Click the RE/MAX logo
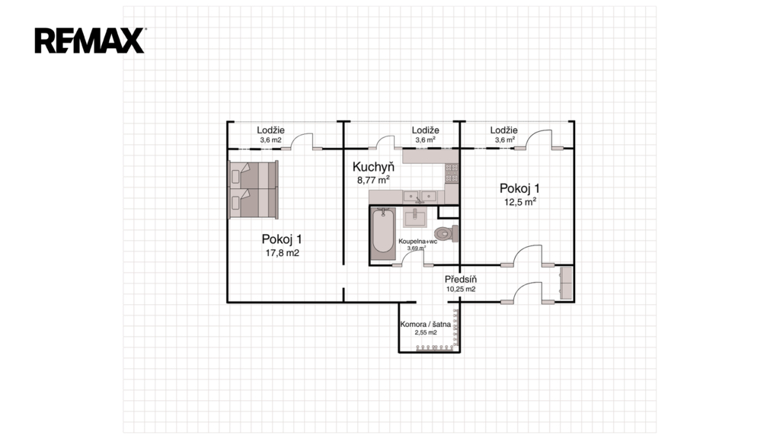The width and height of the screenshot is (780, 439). tap(90, 40)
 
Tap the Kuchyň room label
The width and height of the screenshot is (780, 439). tap(373, 167)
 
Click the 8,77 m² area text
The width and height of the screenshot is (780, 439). tap(373, 180)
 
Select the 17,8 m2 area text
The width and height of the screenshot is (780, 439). tap(282, 253)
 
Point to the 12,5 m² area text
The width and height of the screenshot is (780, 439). tap(519, 201)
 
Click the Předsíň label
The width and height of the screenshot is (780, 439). tap(461, 279)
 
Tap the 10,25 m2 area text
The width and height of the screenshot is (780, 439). tap(461, 289)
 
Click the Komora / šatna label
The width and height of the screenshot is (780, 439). tap(425, 324)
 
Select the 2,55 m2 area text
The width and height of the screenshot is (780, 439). tap(426, 332)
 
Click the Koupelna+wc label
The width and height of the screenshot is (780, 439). tap(418, 242)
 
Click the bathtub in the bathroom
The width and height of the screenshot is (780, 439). tap(382, 233)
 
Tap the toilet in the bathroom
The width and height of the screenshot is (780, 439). tap(446, 233)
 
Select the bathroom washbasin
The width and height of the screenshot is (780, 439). tap(414, 218)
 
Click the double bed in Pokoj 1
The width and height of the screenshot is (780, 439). tap(253, 189)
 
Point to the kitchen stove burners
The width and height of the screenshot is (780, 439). tap(452, 172)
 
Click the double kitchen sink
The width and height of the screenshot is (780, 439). tap(420, 197)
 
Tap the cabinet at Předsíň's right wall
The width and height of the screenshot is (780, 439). tap(566, 283)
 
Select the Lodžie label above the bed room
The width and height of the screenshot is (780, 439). tap(270, 130)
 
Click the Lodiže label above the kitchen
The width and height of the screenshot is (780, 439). tap(425, 130)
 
